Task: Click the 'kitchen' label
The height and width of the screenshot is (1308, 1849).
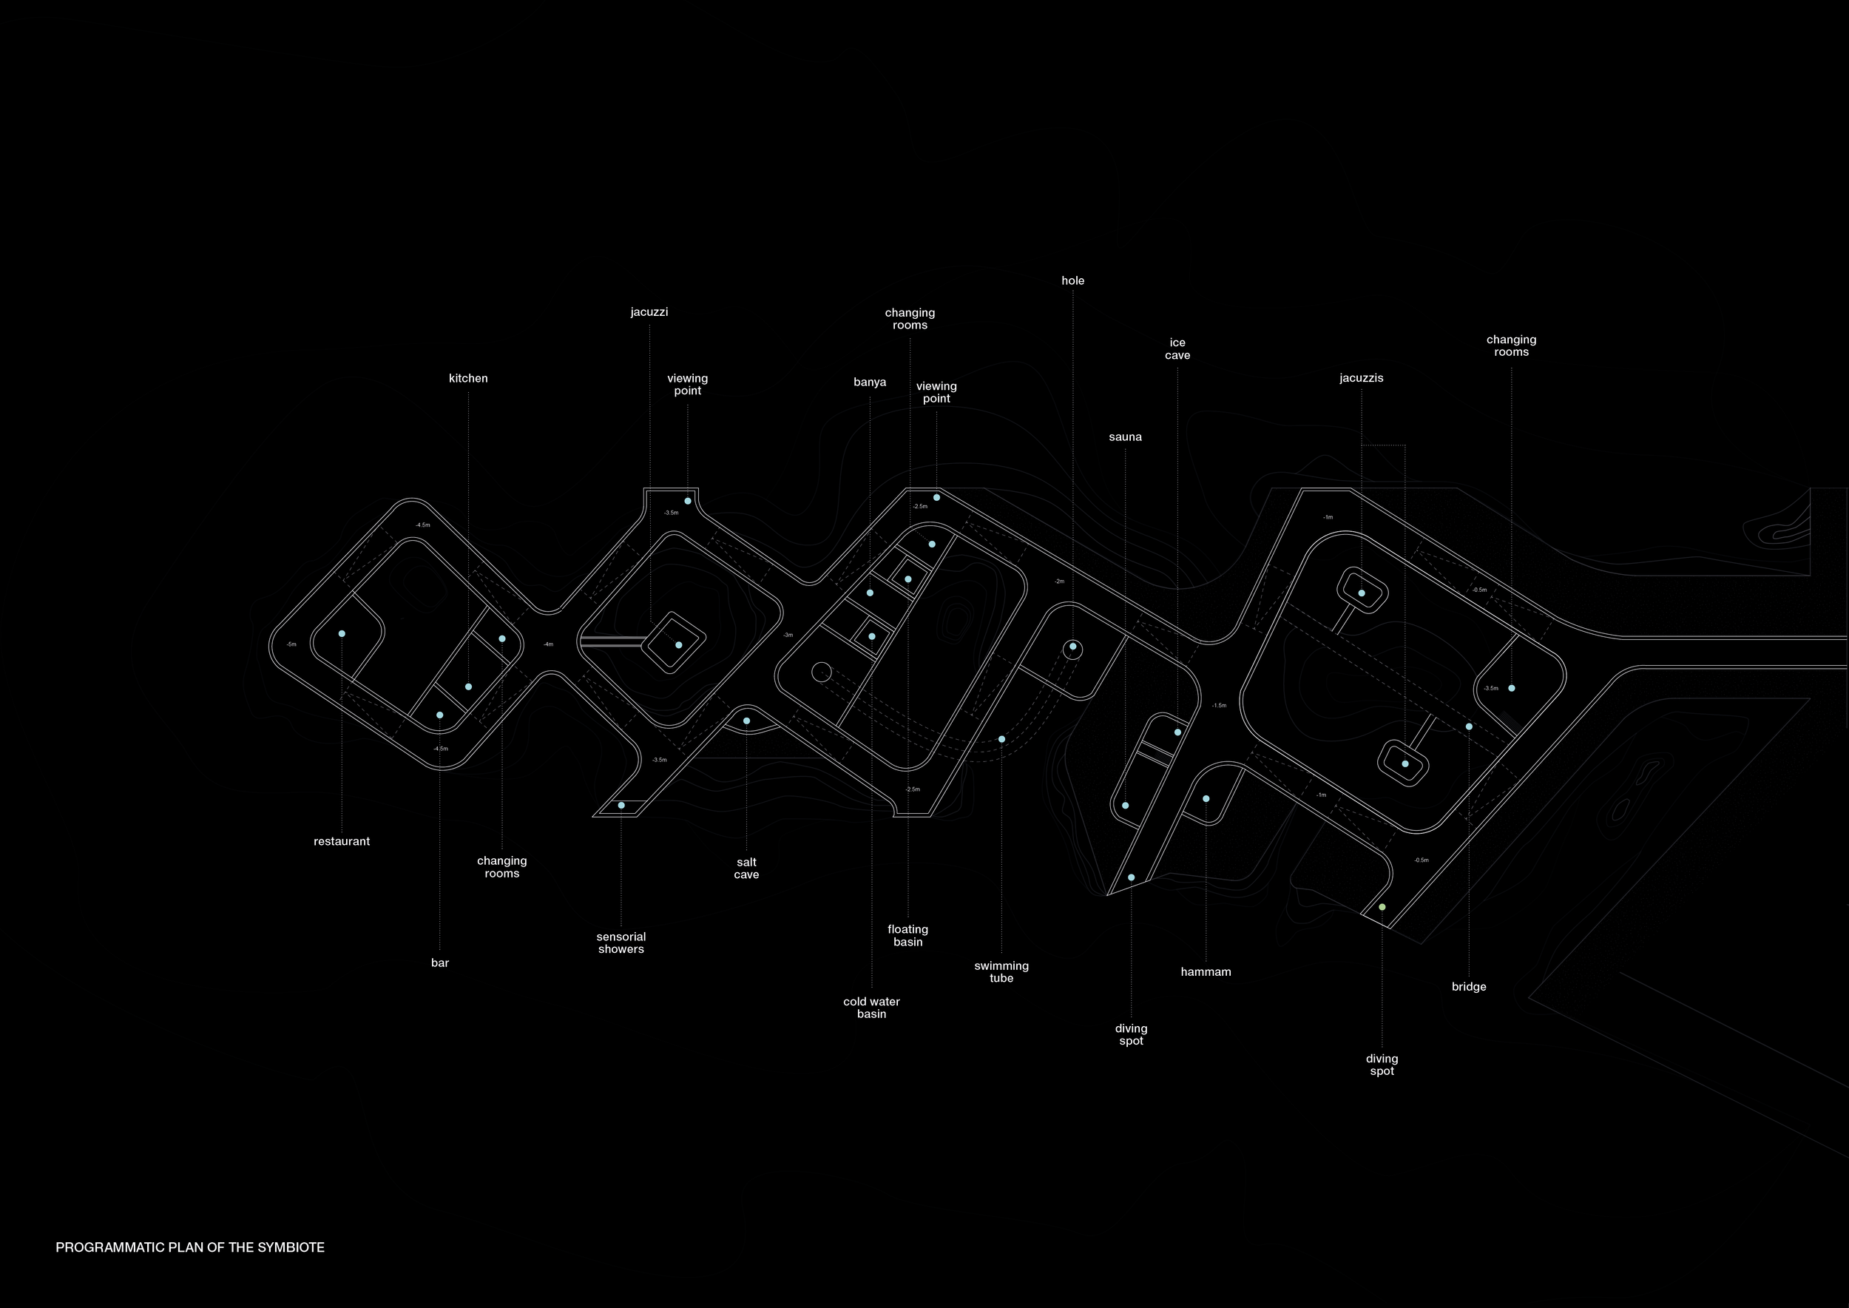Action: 468,379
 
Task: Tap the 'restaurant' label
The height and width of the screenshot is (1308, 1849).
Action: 342,842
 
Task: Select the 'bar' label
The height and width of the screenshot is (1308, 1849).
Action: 440,963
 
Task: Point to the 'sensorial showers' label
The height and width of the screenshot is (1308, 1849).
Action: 621,943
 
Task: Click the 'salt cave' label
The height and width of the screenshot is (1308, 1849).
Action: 746,869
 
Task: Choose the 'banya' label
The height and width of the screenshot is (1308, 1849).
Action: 870,382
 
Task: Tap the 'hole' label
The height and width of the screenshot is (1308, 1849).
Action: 1072,281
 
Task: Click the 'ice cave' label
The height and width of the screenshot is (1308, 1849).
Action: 1177,348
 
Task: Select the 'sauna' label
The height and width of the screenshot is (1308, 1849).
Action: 1125,437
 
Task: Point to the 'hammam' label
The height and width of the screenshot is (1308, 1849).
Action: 1206,972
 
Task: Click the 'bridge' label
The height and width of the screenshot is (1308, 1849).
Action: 1469,987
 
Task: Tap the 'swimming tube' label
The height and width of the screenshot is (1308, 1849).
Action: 1001,972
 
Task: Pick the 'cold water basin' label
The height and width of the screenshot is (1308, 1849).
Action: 871,1008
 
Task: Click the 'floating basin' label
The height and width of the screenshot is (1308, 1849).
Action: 907,936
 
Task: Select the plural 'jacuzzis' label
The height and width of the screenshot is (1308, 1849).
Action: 1361,379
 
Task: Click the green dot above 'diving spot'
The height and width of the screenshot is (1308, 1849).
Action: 1382,907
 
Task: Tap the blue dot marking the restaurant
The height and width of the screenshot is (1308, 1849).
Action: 342,634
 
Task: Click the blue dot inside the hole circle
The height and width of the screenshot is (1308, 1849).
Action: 1072,647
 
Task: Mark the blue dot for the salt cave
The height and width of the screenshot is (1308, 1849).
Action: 746,721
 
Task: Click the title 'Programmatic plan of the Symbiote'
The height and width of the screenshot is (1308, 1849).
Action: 190,1247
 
